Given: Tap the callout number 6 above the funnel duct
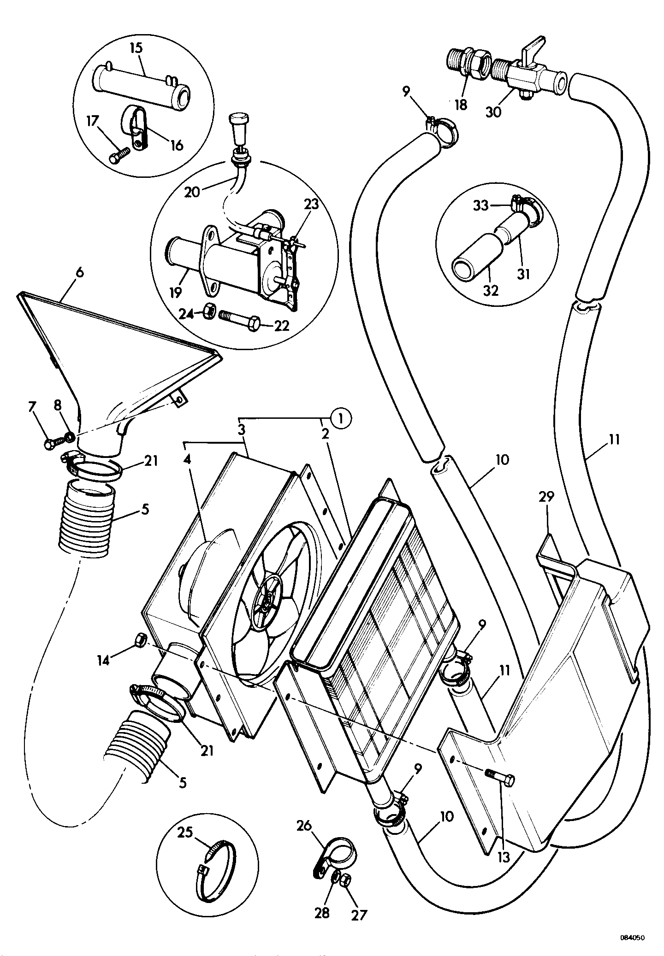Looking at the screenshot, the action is (x=80, y=273).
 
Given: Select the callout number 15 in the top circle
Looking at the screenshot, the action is (x=136, y=48).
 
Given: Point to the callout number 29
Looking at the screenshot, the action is (x=546, y=497).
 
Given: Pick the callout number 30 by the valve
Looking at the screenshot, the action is (x=493, y=111).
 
